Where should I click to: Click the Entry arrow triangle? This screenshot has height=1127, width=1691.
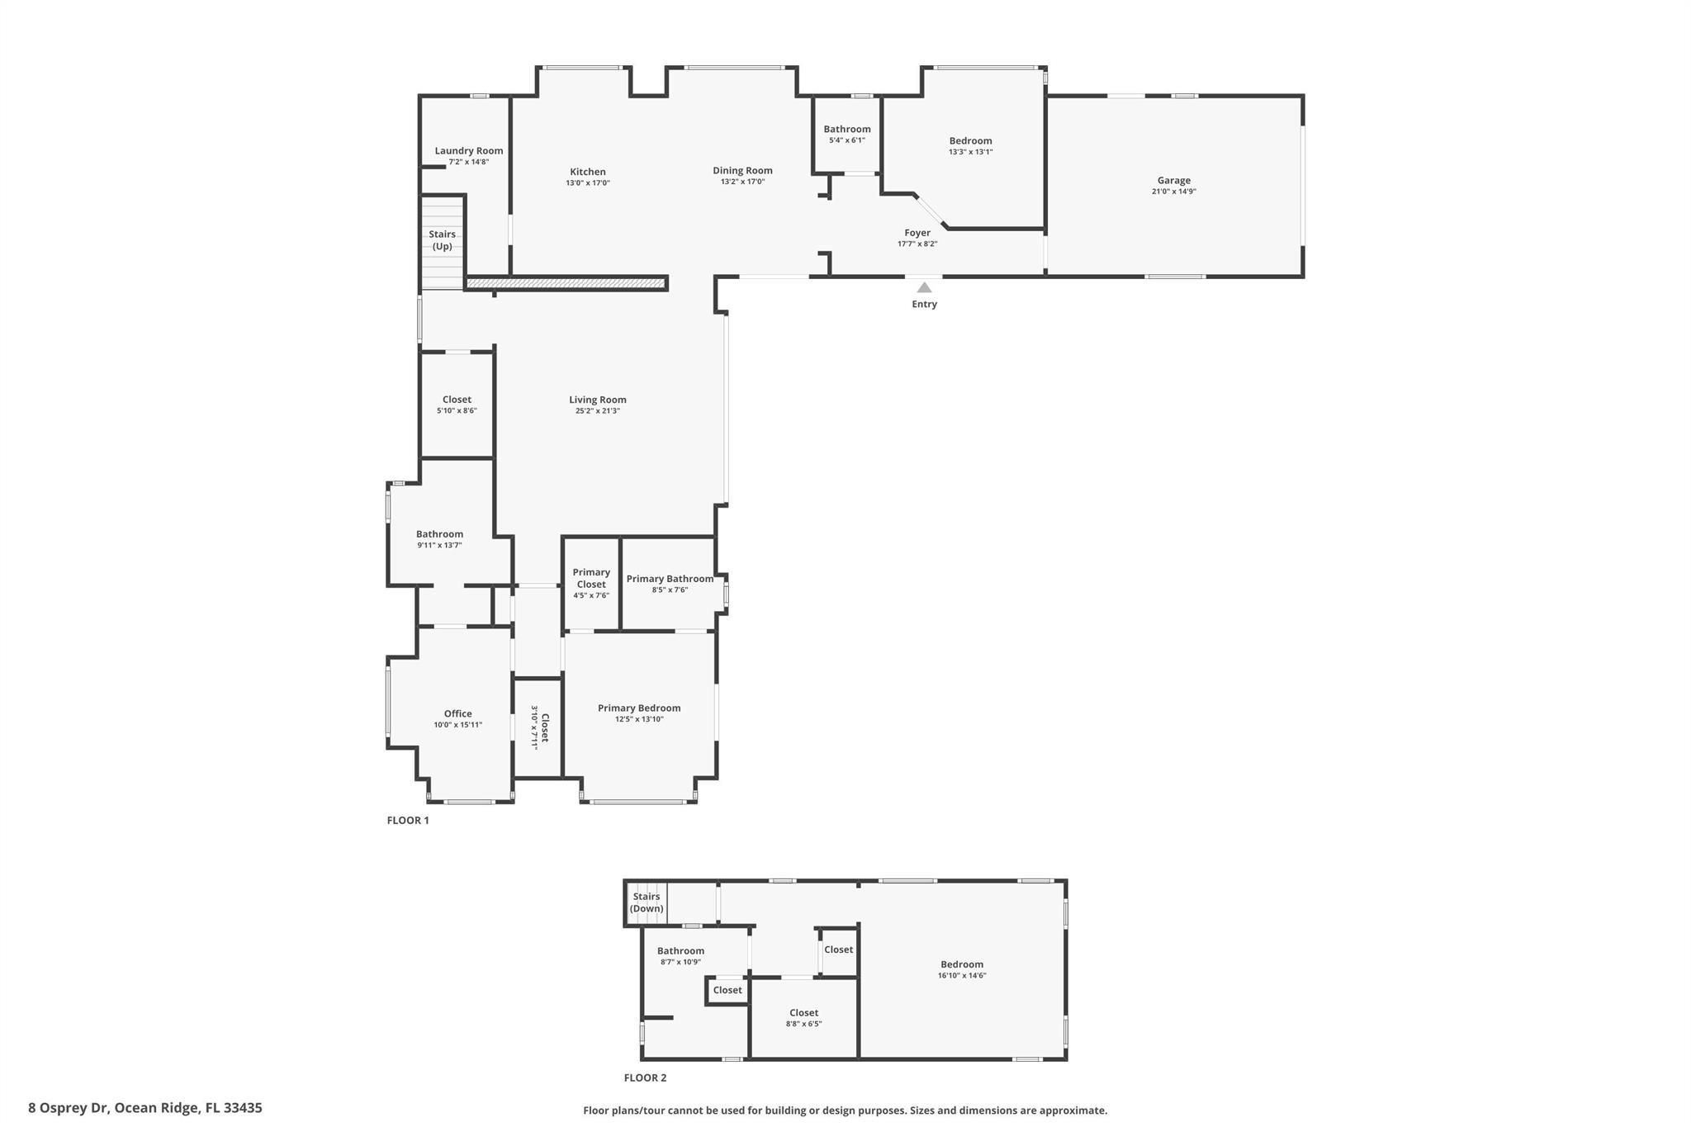click(924, 287)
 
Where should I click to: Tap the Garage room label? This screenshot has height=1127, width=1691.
click(1173, 180)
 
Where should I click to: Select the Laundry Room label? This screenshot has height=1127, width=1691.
click(468, 150)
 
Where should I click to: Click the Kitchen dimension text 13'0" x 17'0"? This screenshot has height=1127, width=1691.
click(587, 183)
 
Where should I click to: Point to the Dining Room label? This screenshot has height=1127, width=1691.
click(742, 170)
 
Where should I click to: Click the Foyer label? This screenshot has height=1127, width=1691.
click(917, 233)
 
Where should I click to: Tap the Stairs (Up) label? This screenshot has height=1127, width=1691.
click(442, 240)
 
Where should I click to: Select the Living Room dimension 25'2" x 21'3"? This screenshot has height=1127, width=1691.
click(597, 411)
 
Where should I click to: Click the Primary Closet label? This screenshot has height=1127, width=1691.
click(591, 578)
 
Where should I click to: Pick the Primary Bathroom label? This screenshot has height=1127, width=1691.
click(670, 579)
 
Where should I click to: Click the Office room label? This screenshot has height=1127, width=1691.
click(457, 713)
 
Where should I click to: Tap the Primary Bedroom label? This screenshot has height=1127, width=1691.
click(639, 708)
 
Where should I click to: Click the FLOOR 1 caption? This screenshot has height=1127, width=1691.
click(408, 820)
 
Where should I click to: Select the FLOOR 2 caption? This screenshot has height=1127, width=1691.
click(645, 1077)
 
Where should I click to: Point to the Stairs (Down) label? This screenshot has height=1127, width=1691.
click(646, 902)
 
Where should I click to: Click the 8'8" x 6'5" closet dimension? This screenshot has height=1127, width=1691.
click(803, 1024)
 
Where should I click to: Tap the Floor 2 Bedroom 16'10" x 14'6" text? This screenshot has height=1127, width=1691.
click(962, 976)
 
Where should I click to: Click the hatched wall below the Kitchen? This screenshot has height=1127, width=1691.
click(566, 284)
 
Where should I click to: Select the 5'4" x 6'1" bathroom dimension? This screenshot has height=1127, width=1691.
click(846, 140)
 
